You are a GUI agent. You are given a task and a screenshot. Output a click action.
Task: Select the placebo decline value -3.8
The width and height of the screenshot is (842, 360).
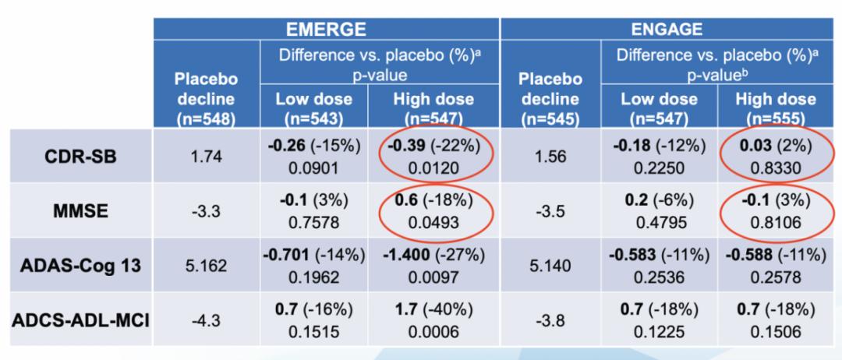tap(553, 319)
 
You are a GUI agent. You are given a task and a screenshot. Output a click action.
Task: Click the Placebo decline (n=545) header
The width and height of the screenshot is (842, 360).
tap(553, 97)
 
